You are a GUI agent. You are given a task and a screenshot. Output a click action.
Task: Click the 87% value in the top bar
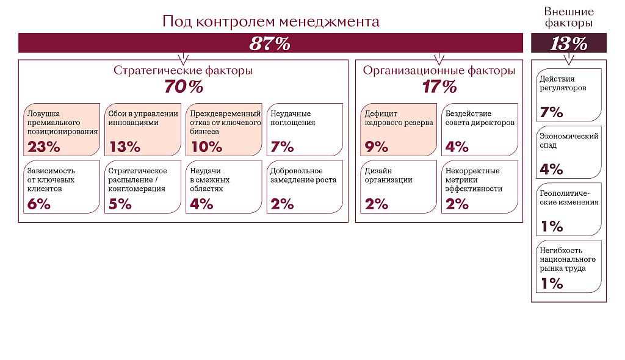(270, 44)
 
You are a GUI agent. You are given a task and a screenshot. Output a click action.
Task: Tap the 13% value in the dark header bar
(568, 44)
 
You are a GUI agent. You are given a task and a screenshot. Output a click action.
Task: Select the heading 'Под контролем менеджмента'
(271, 21)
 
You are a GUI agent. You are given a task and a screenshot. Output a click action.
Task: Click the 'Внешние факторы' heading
(568, 18)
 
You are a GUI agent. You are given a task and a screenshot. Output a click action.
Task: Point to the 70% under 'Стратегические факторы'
(183, 87)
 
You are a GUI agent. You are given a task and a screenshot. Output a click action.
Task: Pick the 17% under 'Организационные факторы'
(439, 87)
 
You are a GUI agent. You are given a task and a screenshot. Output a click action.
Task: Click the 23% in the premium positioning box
(44, 146)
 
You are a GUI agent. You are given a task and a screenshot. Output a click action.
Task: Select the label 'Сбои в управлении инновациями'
(143, 118)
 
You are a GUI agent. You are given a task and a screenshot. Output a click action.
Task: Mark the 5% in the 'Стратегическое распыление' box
(120, 204)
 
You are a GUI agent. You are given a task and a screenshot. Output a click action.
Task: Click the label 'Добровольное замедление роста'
(303, 175)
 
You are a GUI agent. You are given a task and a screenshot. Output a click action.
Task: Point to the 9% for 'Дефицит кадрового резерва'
(377, 146)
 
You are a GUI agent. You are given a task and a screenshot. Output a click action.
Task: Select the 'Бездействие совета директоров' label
(480, 118)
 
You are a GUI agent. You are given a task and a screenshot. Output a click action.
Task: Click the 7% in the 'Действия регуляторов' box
(551, 112)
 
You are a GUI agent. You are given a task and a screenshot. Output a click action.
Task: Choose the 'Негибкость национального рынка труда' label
(568, 259)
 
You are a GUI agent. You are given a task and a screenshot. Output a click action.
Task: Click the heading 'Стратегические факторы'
(183, 70)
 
